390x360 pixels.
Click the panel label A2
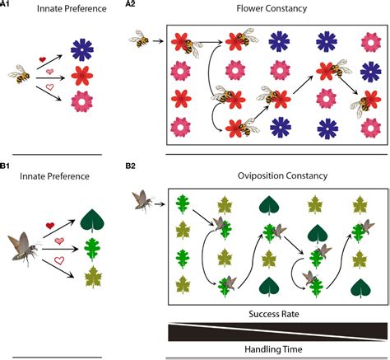(x=130, y=4)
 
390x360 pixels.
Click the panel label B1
(x=5, y=166)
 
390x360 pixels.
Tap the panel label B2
(x=130, y=166)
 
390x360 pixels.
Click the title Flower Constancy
(x=272, y=8)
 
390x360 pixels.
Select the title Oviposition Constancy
(x=282, y=175)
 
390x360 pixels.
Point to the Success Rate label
(x=274, y=314)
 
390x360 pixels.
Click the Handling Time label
(x=273, y=349)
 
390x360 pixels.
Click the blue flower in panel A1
(x=82, y=50)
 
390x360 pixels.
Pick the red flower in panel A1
(x=82, y=76)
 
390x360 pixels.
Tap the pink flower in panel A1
(x=82, y=101)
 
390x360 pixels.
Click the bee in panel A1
(x=20, y=74)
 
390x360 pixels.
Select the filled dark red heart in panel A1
(x=42, y=59)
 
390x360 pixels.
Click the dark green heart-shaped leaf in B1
(x=92, y=220)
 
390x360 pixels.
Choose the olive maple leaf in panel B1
(x=93, y=277)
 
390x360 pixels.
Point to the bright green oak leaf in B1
(x=92, y=250)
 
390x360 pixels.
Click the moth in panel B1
(x=25, y=250)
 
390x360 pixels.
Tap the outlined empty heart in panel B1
(x=59, y=260)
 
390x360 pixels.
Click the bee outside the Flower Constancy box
(x=139, y=39)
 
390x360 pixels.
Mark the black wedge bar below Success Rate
(x=278, y=332)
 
